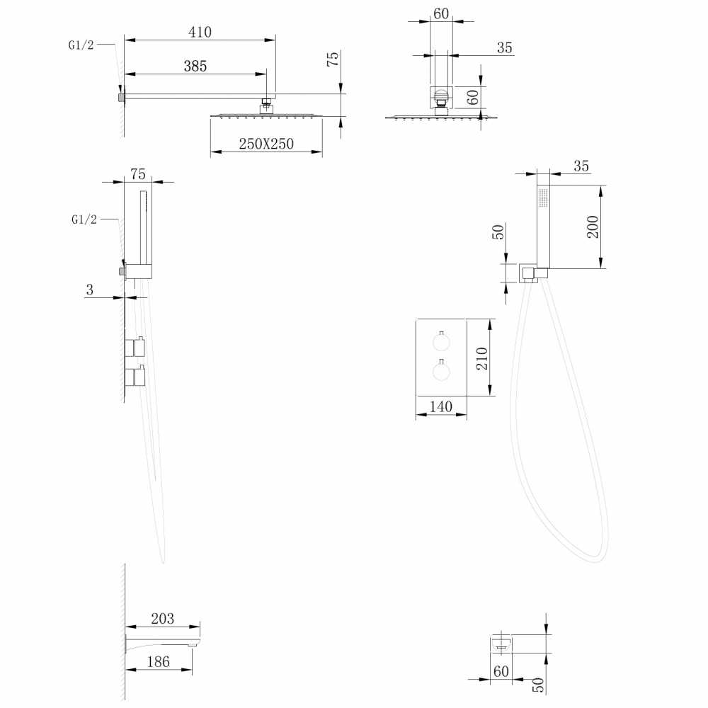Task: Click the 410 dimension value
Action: click(200, 32)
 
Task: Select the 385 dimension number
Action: click(195, 67)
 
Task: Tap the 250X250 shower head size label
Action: click(266, 144)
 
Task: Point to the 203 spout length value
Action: click(163, 619)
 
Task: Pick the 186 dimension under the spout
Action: click(159, 661)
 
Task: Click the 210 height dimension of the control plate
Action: click(481, 358)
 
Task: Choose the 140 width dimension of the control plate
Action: click(440, 406)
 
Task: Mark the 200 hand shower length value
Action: click(593, 227)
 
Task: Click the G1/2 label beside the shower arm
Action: click(81, 45)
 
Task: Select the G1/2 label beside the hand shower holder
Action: click(84, 219)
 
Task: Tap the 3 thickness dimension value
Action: click(89, 290)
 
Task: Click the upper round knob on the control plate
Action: click(441, 342)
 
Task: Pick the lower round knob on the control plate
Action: click(441, 371)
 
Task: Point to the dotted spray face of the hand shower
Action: click(543, 198)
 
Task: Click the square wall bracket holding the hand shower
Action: click(527, 273)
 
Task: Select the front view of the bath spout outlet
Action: click(501, 643)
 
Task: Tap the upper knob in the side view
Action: click(139, 346)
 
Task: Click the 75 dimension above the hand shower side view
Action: click(138, 174)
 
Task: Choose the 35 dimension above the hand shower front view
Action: click(581, 166)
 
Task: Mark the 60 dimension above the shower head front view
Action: click(441, 13)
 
